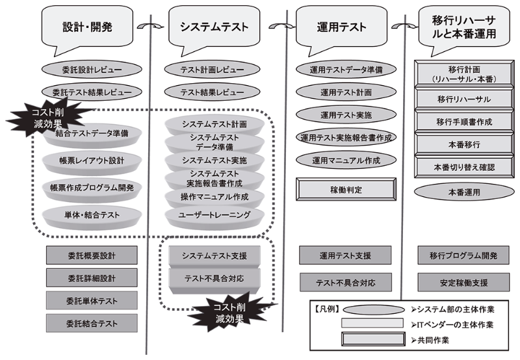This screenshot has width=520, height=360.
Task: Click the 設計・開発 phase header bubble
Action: click(x=88, y=27)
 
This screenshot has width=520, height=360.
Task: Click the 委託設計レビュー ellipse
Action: click(x=92, y=69)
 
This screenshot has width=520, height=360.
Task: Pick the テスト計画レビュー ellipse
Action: click(x=213, y=69)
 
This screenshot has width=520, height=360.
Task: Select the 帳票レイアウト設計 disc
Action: click(x=92, y=160)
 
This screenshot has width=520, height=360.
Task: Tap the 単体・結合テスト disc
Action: click(x=92, y=214)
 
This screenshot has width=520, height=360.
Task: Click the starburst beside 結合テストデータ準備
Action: click(x=38, y=117)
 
